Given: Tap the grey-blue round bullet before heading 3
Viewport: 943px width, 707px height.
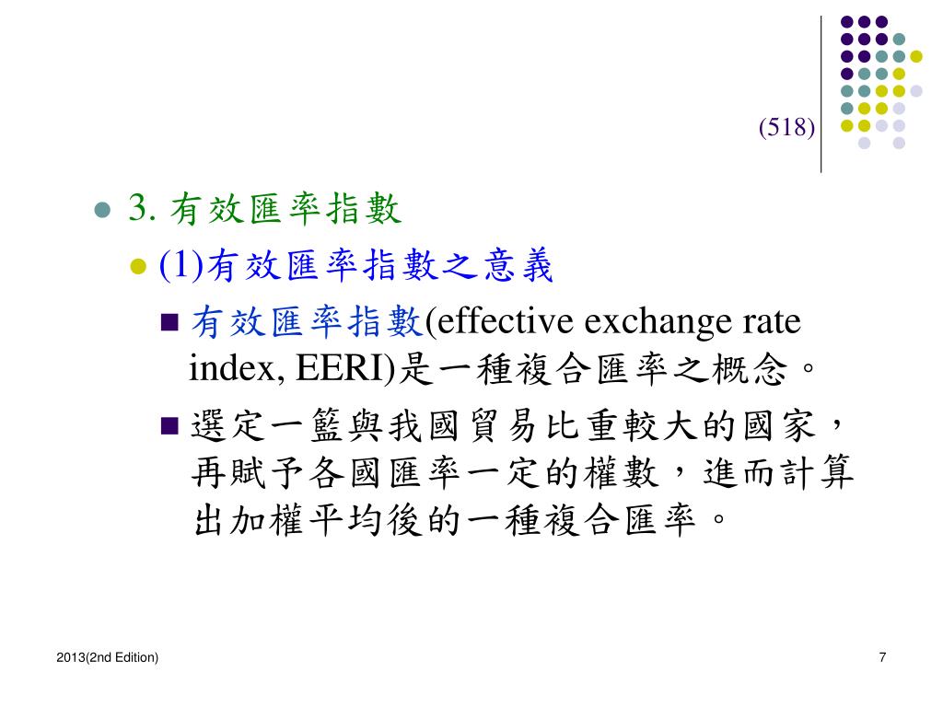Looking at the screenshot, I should click(103, 211).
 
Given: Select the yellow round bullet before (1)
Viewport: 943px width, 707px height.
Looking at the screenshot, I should click(139, 267).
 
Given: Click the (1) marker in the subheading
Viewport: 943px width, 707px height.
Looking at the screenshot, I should click(181, 267).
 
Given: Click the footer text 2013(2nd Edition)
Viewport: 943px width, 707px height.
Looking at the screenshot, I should click(107, 656).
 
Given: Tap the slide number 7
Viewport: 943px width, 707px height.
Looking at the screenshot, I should click(883, 656).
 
